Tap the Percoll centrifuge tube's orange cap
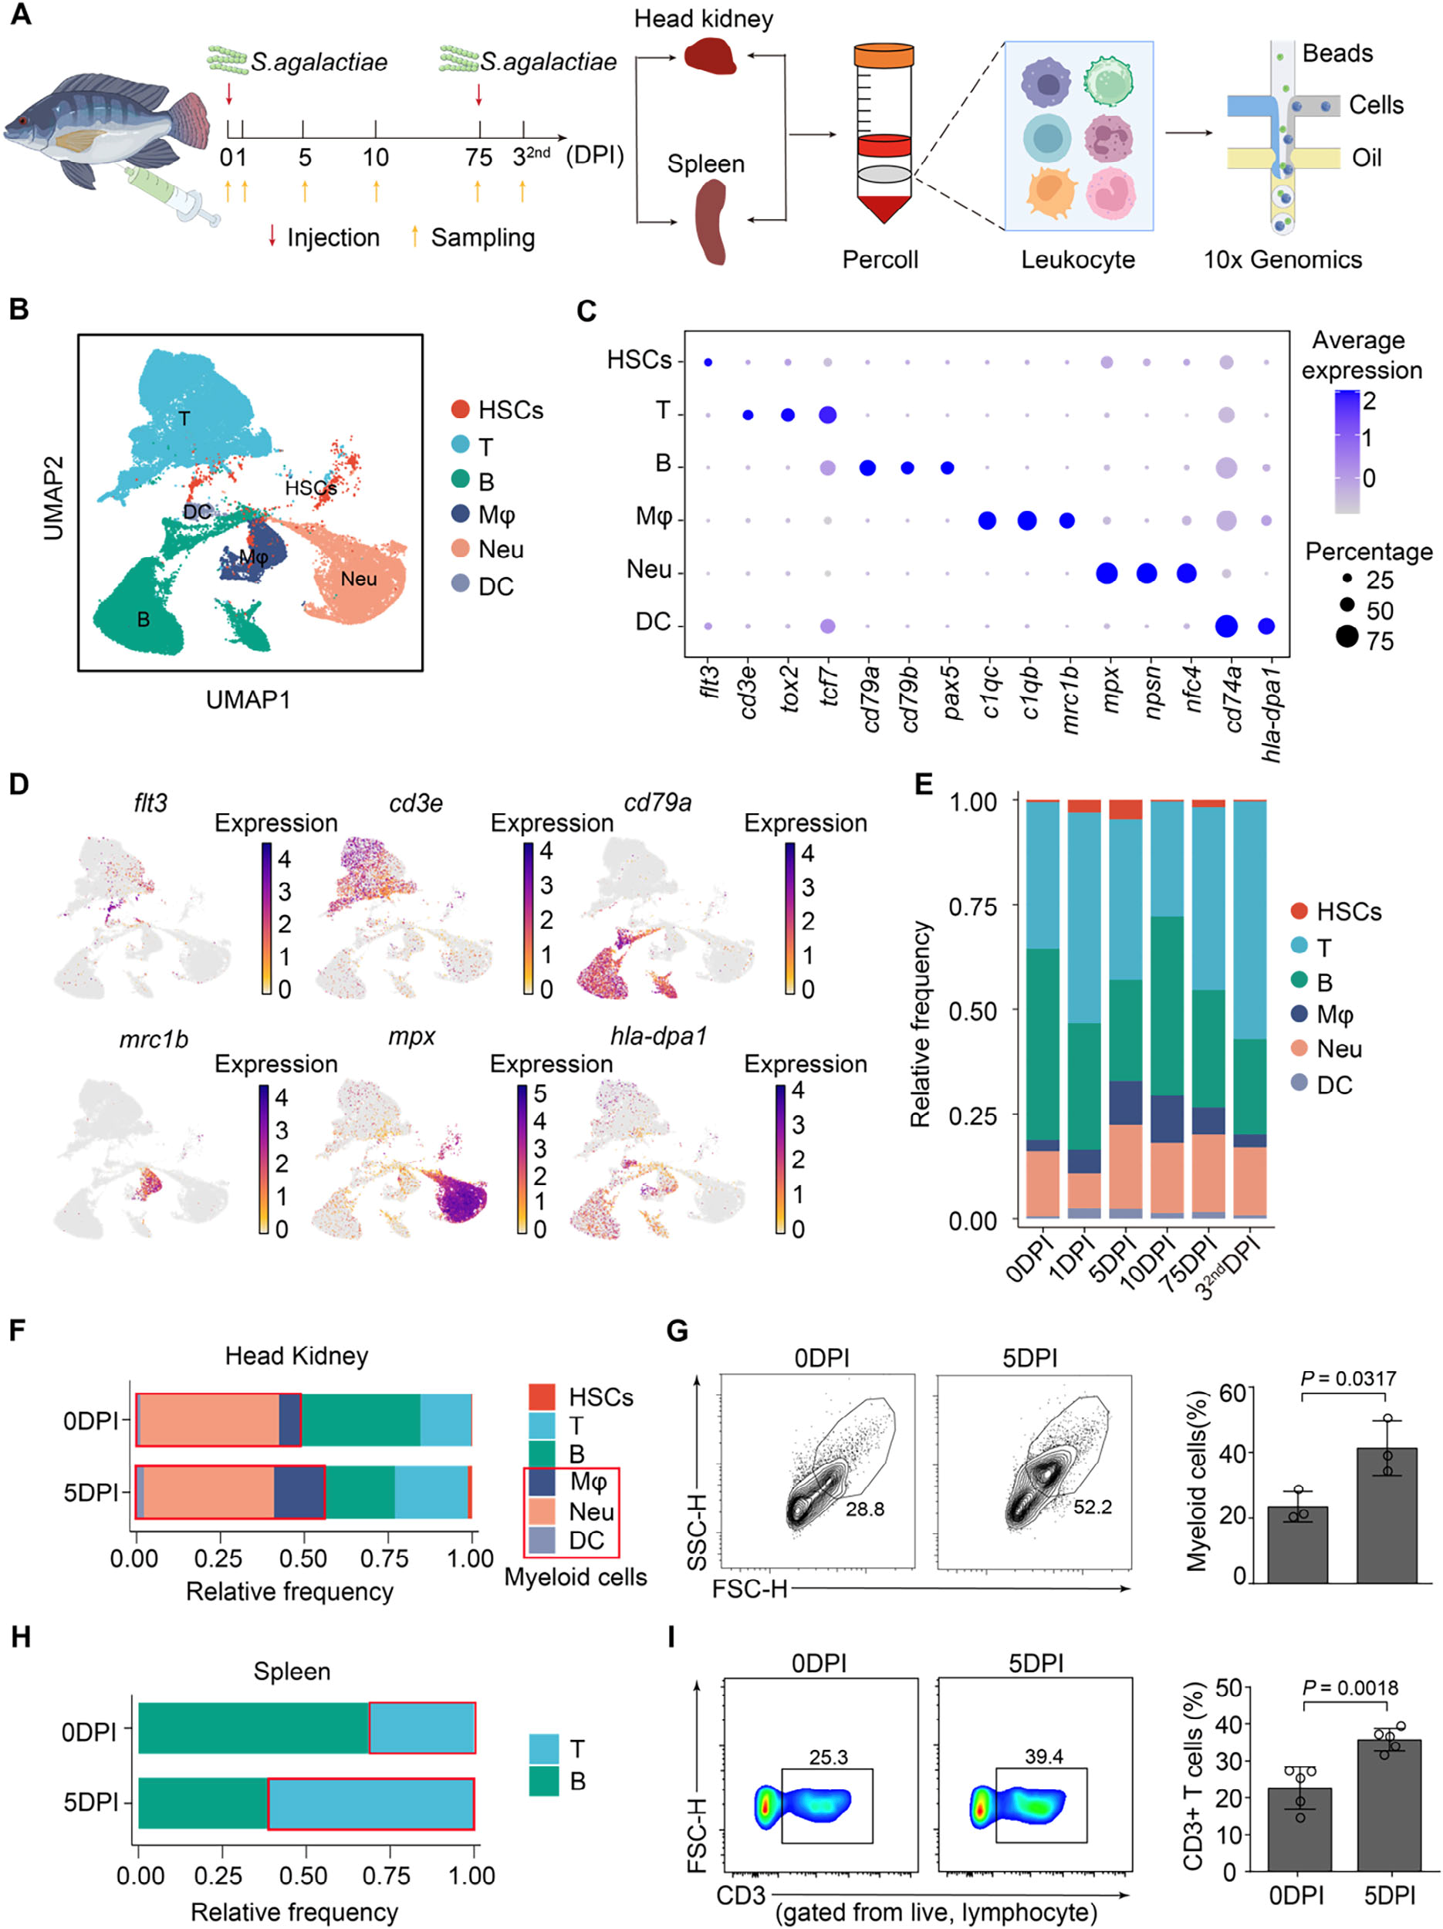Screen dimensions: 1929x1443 click(x=884, y=56)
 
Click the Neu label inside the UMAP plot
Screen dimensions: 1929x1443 click(x=358, y=579)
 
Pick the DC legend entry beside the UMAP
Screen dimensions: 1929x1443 click(x=495, y=586)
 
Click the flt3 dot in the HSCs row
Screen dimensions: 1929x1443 click(x=708, y=362)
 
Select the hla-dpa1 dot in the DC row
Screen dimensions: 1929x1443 click(x=1266, y=625)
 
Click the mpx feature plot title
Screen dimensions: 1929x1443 click(x=411, y=1036)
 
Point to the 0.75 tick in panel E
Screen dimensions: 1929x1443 click(x=972, y=907)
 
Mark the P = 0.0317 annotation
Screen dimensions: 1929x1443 click(x=1348, y=1379)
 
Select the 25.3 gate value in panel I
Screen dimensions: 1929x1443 click(x=827, y=1757)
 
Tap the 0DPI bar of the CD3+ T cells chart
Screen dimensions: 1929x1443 click(x=1299, y=1829)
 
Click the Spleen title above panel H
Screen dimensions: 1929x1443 click(x=292, y=1672)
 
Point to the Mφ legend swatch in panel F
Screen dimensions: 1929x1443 click(x=542, y=1481)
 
